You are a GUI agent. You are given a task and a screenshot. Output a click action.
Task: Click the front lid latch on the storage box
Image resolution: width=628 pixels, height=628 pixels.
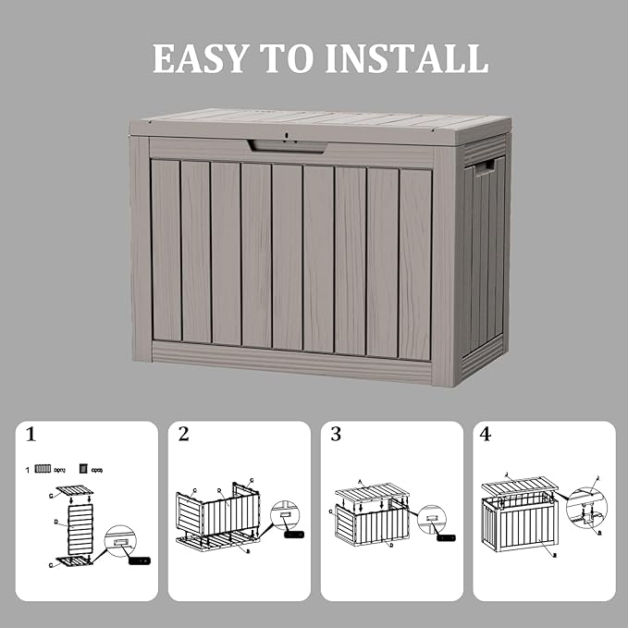coord(287,143)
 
